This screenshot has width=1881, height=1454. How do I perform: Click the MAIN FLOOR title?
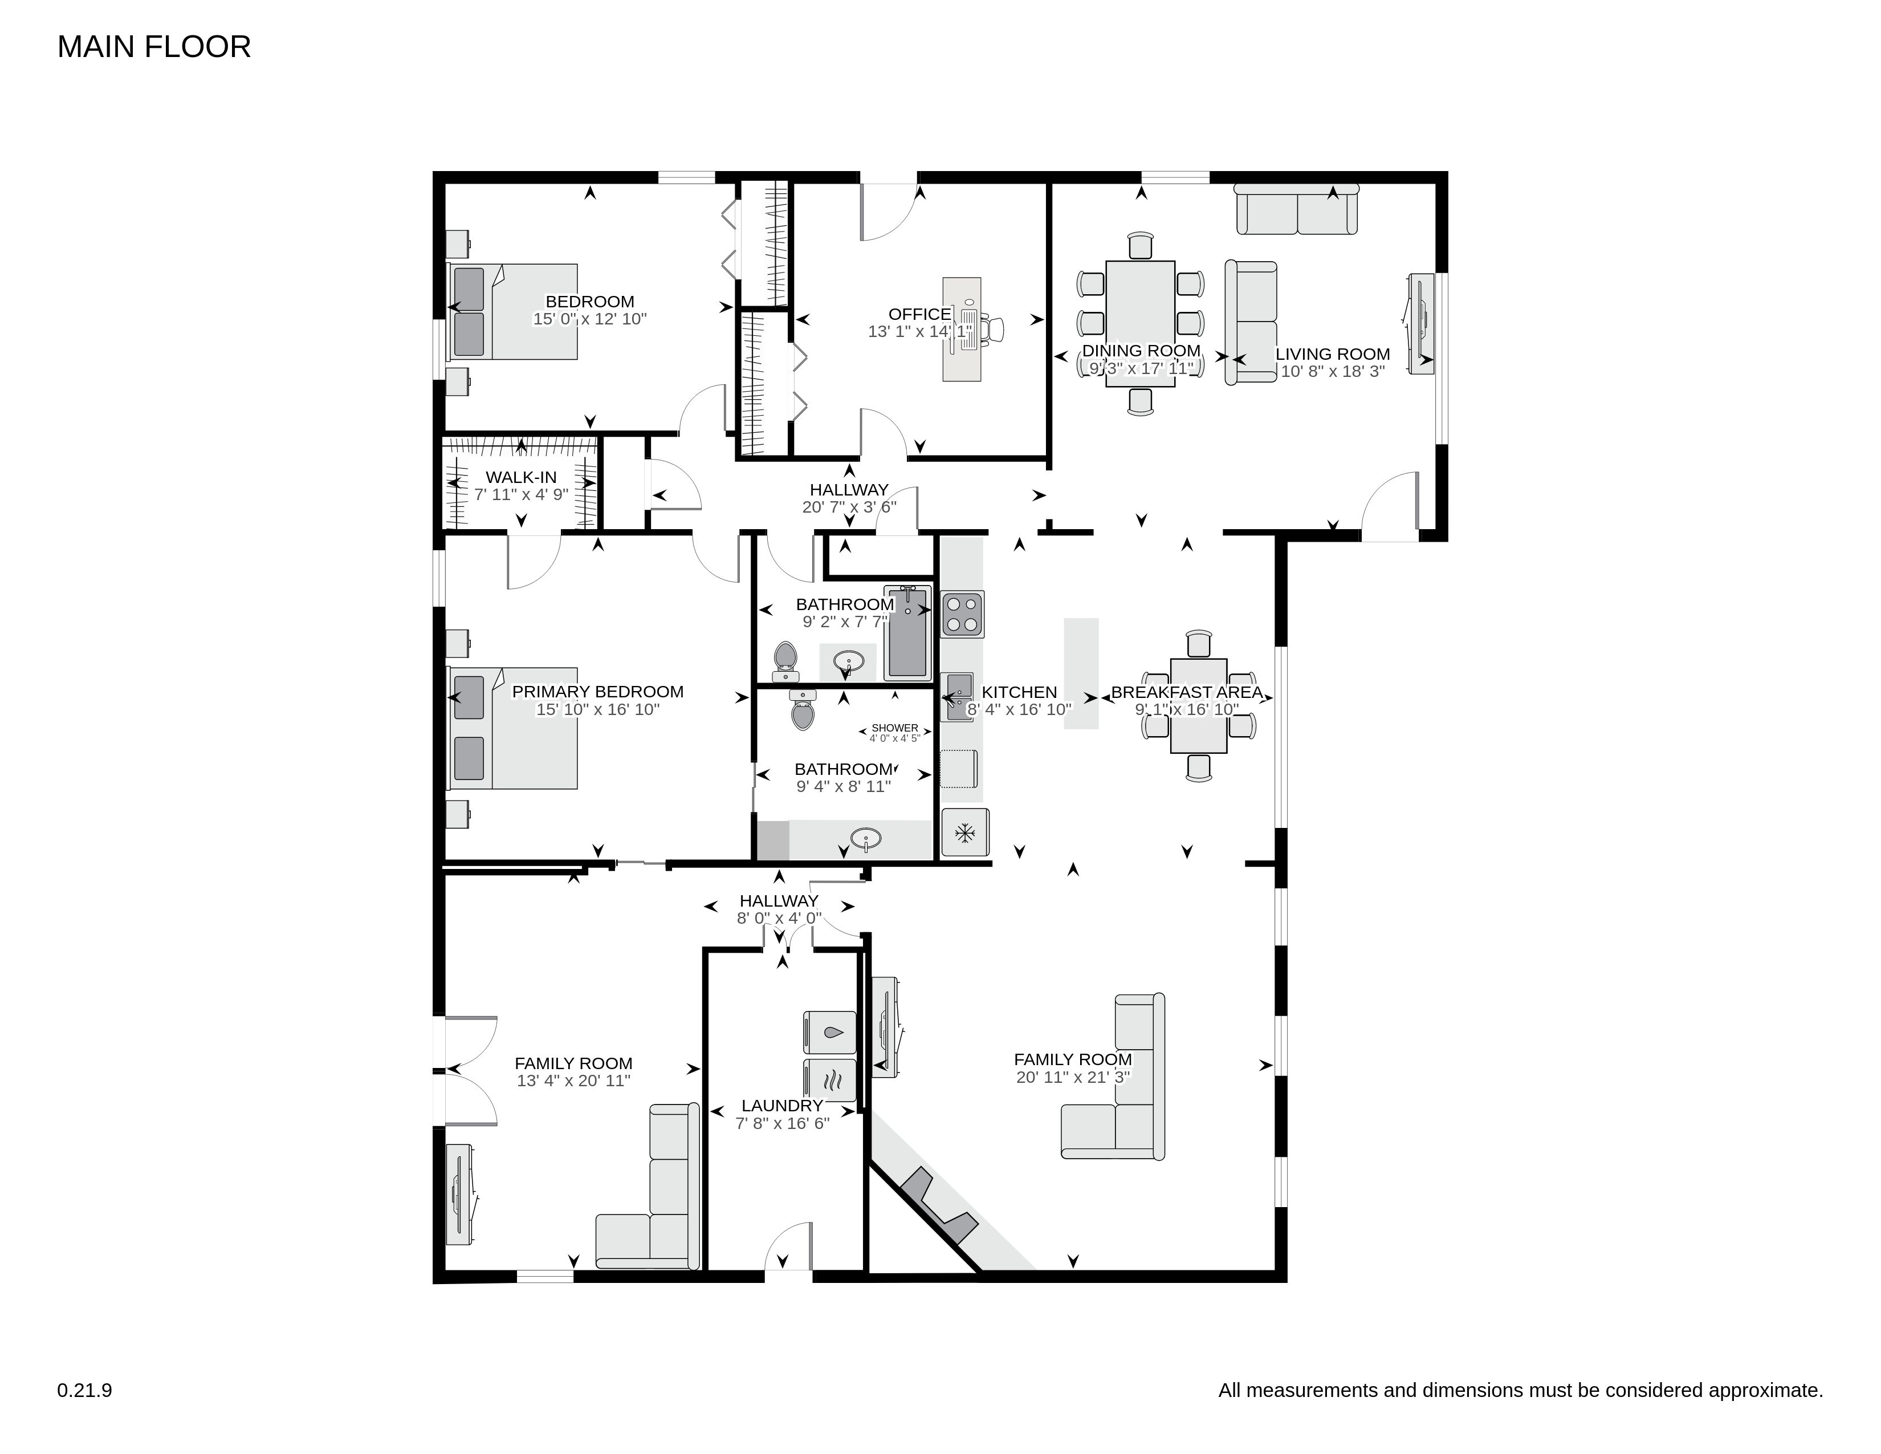click(x=154, y=47)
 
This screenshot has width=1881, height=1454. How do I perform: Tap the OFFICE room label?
click(x=920, y=314)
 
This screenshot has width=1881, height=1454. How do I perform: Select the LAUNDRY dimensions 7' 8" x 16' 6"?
click(x=782, y=1123)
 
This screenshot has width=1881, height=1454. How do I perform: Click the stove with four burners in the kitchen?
click(x=963, y=614)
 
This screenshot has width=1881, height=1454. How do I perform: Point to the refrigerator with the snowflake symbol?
click(x=964, y=832)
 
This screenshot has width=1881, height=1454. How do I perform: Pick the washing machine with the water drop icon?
click(x=829, y=1032)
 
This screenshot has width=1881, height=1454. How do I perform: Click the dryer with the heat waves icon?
click(x=829, y=1079)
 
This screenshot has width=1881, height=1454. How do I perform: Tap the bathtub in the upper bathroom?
click(x=908, y=632)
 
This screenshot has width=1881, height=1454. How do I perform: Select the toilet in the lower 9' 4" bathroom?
click(x=803, y=710)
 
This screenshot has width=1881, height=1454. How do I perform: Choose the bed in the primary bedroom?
click(x=512, y=728)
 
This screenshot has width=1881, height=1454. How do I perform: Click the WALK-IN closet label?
click(x=521, y=477)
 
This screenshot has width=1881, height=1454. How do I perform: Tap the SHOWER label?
click(x=895, y=728)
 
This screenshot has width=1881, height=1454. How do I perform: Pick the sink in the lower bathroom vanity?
click(x=865, y=838)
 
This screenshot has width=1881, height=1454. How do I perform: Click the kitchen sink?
click(x=959, y=697)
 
